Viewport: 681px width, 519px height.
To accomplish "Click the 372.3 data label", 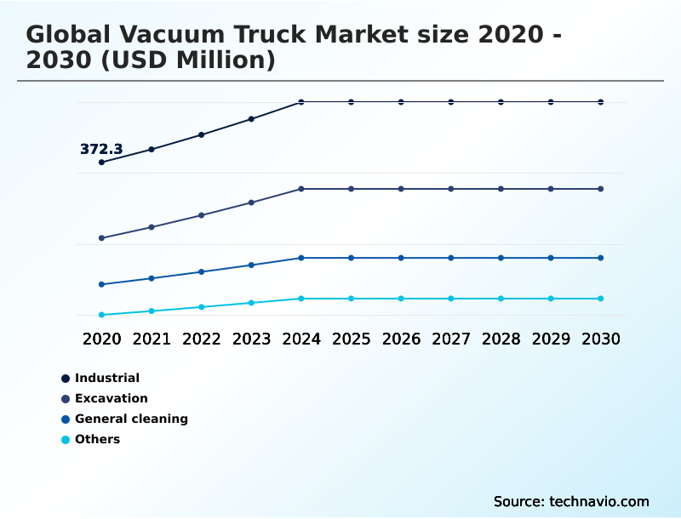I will point(101,150).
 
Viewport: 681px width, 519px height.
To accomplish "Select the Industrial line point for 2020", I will point(102,162).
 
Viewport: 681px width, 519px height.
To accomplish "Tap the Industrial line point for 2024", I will point(301,102).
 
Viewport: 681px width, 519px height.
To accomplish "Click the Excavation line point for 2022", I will point(202,215).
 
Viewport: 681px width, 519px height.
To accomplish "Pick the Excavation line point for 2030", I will point(601,189).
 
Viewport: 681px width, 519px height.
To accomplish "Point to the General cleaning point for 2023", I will point(251,265).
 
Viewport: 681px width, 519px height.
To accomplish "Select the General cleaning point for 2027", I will point(451,258).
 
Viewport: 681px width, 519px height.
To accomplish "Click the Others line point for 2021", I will point(152,311).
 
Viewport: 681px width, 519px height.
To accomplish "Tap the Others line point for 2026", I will point(401,299).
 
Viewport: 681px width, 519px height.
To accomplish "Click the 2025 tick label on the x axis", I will point(351,339).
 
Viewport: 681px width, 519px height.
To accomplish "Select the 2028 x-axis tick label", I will point(501,339).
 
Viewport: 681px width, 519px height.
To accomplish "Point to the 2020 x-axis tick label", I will point(102,339).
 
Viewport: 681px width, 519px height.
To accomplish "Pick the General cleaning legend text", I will point(131,419).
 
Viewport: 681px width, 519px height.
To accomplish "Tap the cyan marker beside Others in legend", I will point(66,440).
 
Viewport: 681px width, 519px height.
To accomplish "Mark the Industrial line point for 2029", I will point(551,102).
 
